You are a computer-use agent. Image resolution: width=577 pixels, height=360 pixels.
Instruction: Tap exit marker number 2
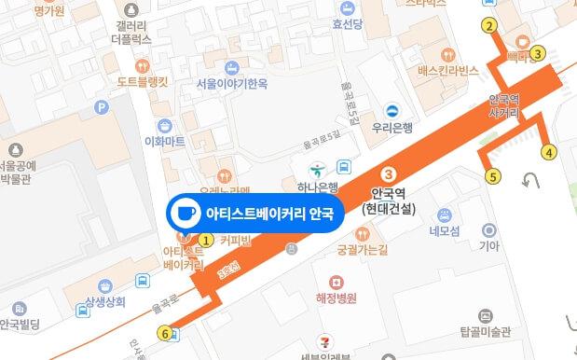tap(489, 26)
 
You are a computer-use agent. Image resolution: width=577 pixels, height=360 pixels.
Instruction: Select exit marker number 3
tap(538, 54)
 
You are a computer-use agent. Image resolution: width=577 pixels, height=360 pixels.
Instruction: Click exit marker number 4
tap(549, 152)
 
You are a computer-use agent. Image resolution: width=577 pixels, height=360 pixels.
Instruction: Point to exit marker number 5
tap(493, 174)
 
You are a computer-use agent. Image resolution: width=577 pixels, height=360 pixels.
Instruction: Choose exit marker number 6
tap(166, 333)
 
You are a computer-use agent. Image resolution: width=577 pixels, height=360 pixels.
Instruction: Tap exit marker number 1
tap(206, 240)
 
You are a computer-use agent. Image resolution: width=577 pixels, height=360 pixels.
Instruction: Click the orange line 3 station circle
tap(391, 174)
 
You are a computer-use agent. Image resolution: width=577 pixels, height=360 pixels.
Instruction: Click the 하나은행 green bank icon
tap(317, 169)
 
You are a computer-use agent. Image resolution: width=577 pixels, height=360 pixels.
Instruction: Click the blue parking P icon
tap(102, 107)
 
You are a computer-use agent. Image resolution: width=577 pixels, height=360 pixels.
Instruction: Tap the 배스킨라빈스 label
tap(447, 71)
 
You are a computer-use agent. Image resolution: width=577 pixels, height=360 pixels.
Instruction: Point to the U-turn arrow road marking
tap(532, 180)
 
